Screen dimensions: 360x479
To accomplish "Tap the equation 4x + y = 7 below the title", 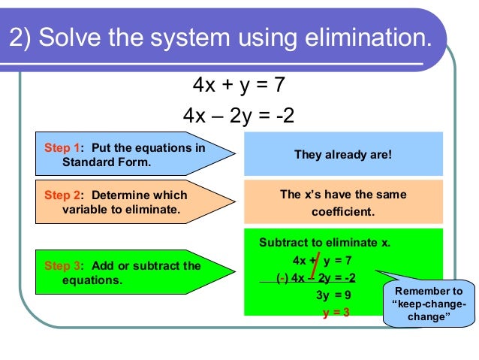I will [x=239, y=85].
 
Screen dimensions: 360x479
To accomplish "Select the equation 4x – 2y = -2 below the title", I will [x=239, y=116].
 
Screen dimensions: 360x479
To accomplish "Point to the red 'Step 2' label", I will [x=62, y=195].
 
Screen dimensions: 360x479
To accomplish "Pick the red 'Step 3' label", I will [x=62, y=265].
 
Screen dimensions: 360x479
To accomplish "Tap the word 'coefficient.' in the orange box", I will [x=342, y=211].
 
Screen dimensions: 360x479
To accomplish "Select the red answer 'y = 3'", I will [x=336, y=313].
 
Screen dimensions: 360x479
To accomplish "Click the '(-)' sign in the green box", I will [x=282, y=277].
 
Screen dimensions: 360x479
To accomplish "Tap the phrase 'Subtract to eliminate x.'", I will [x=324, y=243].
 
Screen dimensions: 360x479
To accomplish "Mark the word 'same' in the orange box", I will [x=390, y=195].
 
